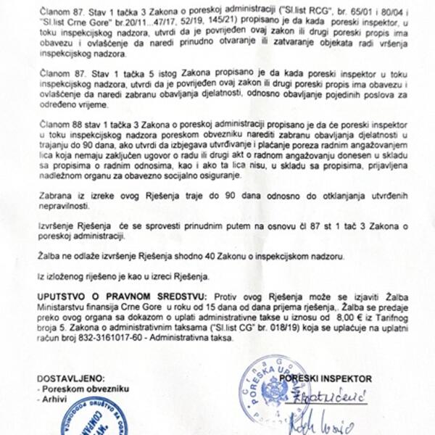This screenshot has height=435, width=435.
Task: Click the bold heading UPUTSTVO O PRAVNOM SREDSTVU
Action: [122, 297]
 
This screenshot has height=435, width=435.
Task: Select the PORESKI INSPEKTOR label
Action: [326, 378]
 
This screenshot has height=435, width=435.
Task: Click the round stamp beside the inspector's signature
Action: [275, 395]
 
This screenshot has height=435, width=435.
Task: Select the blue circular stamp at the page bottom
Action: [91, 419]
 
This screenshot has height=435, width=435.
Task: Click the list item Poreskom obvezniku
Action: [72, 389]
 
